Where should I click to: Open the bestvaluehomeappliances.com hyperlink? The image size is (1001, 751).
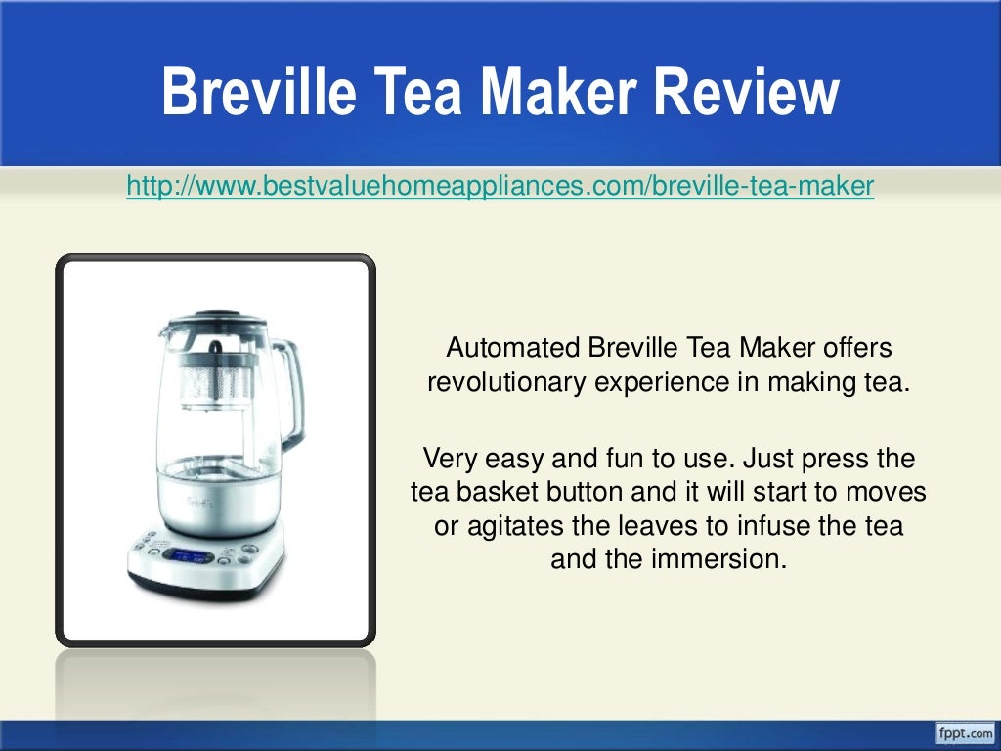point(500,185)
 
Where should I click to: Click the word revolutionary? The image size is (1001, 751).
point(506,382)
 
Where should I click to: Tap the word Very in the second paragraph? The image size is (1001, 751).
point(445,457)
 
